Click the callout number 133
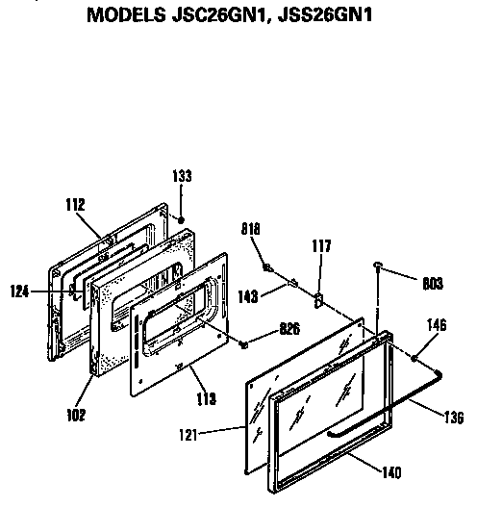click(x=183, y=176)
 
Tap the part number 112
click(x=75, y=204)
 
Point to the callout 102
click(x=76, y=415)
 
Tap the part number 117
click(x=320, y=247)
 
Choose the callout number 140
click(x=391, y=471)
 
